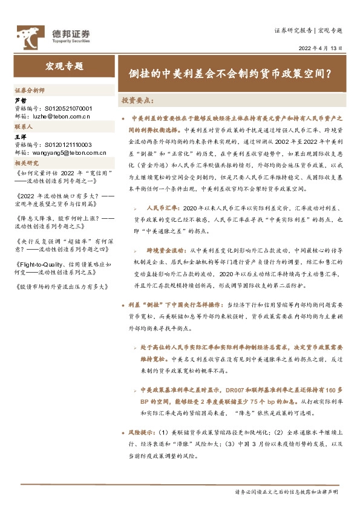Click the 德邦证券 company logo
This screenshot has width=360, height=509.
coord(53,36)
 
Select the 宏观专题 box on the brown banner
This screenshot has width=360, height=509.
coord(64,66)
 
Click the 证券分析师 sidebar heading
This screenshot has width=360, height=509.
coord(29,89)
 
